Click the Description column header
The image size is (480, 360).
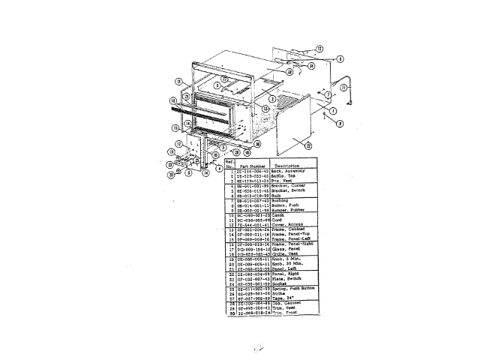pyautogui.click(x=286, y=165)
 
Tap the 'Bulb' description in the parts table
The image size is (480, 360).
pyautogui.click(x=275, y=196)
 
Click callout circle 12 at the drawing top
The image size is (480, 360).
pyautogui.click(x=319, y=49)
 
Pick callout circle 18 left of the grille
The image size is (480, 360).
pyautogui.click(x=172, y=100)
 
